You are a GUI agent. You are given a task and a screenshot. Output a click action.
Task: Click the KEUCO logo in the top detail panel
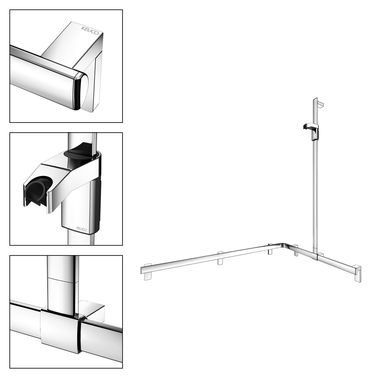90,30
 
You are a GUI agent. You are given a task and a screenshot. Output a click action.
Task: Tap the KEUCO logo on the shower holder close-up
82,229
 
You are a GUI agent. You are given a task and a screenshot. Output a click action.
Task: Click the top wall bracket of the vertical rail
321,104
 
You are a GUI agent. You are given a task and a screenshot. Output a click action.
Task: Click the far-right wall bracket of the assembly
357,274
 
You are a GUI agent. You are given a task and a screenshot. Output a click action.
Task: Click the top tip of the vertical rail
315,98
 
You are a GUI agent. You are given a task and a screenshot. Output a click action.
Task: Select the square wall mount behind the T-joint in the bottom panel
92,310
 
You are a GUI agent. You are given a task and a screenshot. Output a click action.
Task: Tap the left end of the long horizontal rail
141,270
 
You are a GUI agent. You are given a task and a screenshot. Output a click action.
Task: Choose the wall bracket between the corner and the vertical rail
295,251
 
